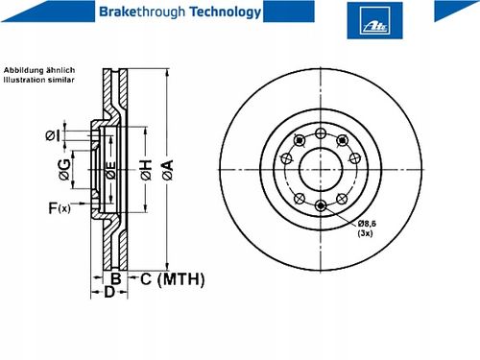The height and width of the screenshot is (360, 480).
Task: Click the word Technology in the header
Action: (226, 12)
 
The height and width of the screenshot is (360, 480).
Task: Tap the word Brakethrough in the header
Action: (142, 12)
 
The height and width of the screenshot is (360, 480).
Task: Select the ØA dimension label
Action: (167, 170)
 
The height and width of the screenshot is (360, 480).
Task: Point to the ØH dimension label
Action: (146, 170)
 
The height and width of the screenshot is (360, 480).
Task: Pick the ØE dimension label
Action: (110, 170)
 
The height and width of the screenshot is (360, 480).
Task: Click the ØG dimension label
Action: (64, 170)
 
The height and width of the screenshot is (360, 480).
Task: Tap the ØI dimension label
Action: (53, 135)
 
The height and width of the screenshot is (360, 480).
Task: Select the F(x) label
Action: (60, 208)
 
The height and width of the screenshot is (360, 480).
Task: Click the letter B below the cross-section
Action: (116, 278)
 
